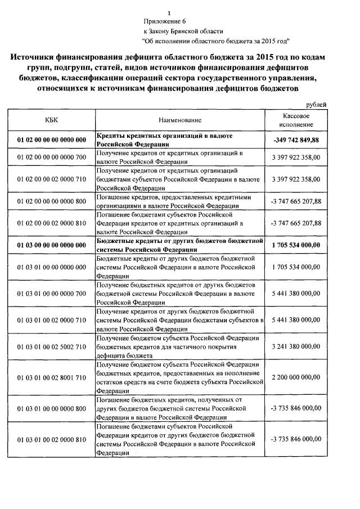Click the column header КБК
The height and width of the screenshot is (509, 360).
(x=51, y=120)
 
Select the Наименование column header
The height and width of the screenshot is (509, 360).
(x=179, y=120)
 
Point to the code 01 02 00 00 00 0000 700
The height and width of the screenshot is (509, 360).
(x=52, y=156)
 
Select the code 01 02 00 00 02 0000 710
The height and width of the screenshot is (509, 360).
(x=52, y=179)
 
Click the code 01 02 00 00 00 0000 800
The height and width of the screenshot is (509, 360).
(x=52, y=201)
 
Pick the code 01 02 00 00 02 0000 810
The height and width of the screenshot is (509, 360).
(x=52, y=223)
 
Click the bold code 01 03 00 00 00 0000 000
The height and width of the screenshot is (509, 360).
(x=52, y=245)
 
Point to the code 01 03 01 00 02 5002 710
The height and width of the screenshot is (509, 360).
(x=52, y=348)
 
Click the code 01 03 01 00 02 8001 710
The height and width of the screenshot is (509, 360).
(x=52, y=376)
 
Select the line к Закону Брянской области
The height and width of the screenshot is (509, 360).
(x=183, y=31)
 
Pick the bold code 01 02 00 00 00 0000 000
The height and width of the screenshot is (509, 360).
(x=52, y=139)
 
